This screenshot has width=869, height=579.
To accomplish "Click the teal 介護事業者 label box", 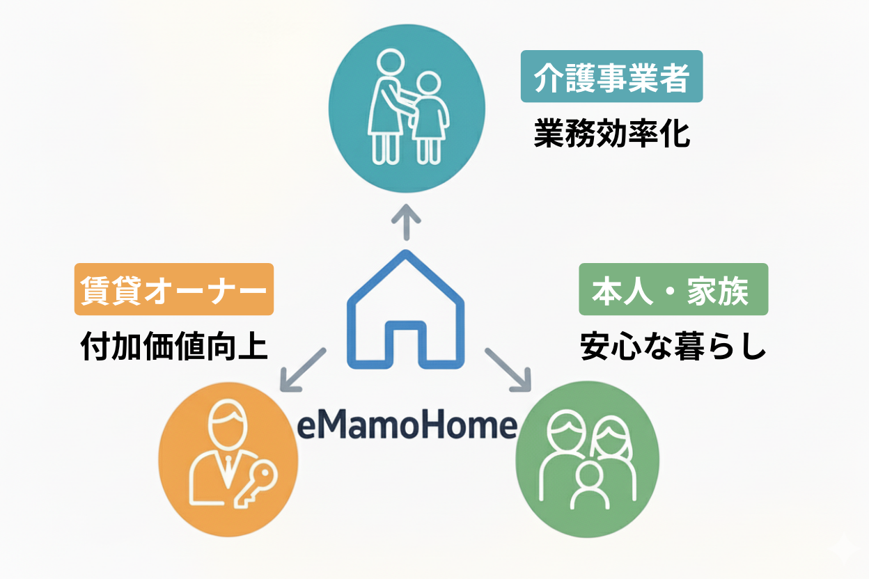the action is (611, 77).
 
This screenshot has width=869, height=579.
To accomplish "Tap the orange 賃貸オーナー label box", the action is (174, 289).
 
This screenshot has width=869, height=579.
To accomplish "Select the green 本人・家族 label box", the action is (673, 289).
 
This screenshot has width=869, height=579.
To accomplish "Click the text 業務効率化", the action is (612, 133).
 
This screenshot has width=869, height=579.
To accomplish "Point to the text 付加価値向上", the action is (174, 347).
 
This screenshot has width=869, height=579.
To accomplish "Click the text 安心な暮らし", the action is (673, 347).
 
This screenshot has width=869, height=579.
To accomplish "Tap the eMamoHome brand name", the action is (407, 425).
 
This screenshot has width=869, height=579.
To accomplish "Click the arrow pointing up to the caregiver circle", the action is (406, 222).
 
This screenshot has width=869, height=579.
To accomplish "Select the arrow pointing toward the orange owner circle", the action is (303, 370).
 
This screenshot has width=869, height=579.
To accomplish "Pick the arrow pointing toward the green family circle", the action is (508, 370).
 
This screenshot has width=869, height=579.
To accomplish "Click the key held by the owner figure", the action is (256, 486).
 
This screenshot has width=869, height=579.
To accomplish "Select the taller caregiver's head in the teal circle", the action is (391, 62).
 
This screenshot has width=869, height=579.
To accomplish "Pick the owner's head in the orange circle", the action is (228, 425).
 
